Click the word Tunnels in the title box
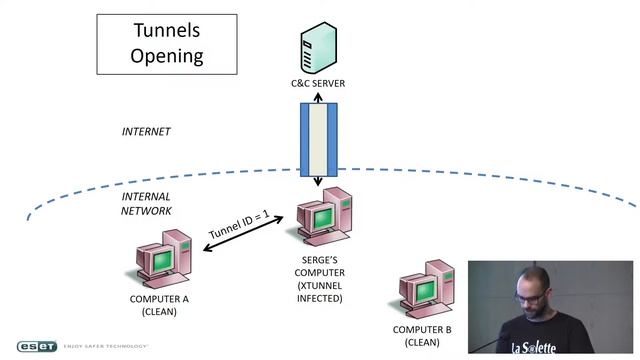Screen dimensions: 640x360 167,30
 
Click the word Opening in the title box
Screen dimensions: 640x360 167,56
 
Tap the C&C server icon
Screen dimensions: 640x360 319,48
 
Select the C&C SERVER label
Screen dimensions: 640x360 318,83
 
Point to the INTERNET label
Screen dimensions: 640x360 146,131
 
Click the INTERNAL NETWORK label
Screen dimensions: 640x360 146,204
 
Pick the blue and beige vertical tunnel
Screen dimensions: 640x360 319,140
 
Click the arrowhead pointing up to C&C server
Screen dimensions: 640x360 318,98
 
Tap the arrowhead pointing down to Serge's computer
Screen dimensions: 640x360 318,181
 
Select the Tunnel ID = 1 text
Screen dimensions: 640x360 239,224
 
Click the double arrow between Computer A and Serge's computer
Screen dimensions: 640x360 243,233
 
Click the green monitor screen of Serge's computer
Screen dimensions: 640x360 324,219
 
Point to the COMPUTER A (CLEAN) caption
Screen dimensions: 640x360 159,305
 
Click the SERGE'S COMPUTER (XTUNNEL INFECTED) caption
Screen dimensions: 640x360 320,279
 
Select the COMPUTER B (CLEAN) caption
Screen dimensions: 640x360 422,336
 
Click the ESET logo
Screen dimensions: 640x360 37,346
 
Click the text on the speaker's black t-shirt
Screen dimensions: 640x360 533,348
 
